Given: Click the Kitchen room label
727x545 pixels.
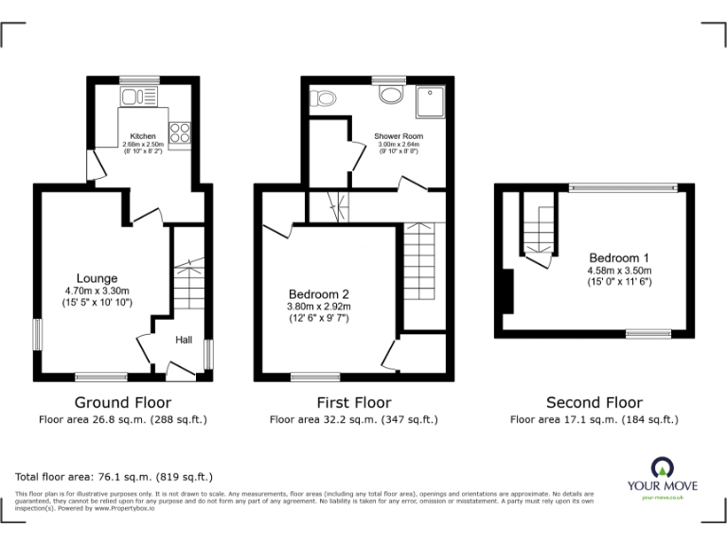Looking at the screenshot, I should [143, 136].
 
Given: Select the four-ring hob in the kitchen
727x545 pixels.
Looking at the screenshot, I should [179, 133].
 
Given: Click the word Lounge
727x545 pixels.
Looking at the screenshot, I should [98, 278].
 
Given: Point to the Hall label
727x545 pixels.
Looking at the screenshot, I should [186, 340].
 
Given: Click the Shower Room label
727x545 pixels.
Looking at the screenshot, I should [399, 136].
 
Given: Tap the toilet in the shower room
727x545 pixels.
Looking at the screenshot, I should [325, 97].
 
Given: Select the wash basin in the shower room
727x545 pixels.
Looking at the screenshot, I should [390, 94].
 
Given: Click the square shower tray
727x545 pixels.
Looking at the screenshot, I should [432, 97].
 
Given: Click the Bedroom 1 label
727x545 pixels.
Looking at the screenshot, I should [619, 257].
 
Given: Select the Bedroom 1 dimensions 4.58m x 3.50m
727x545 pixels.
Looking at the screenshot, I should [619, 270].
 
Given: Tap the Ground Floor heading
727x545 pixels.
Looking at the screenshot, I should [123, 403].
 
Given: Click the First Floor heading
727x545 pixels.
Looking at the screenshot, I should [353, 403].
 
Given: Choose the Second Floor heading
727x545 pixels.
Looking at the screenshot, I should [594, 403].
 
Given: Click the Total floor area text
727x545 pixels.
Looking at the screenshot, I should [115, 477].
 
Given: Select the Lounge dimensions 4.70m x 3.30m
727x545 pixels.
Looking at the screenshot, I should [98, 290].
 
